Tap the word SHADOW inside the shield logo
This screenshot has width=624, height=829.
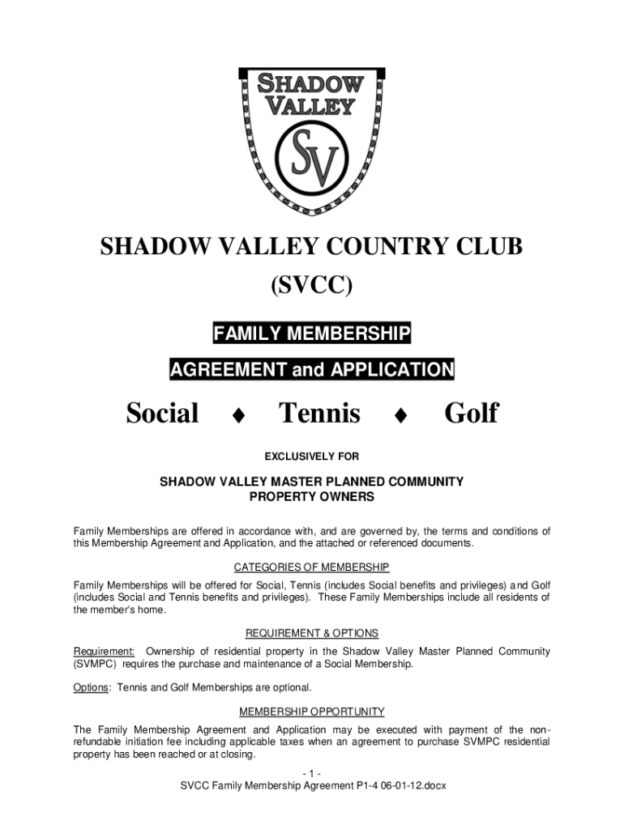point(312,83)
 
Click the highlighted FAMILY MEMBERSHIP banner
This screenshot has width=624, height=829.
point(312,333)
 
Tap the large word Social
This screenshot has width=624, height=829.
point(162,414)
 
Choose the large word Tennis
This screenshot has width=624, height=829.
point(319,414)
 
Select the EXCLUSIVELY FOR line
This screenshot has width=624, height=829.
point(312,457)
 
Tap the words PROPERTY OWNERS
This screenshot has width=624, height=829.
point(312,495)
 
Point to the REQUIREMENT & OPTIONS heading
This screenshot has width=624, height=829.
point(312,633)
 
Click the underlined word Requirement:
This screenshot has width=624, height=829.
point(105,651)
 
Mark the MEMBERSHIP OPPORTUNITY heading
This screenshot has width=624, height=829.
point(312,712)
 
